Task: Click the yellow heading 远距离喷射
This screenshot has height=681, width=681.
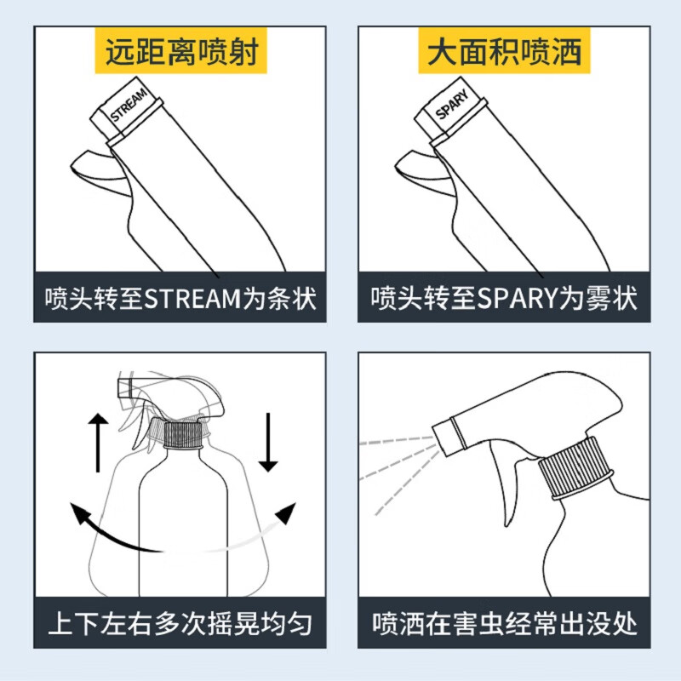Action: tap(180, 52)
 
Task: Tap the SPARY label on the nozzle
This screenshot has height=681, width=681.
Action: tap(453, 108)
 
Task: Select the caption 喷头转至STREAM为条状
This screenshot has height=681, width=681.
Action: tap(180, 300)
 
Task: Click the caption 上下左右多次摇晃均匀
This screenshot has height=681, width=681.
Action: tap(180, 625)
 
